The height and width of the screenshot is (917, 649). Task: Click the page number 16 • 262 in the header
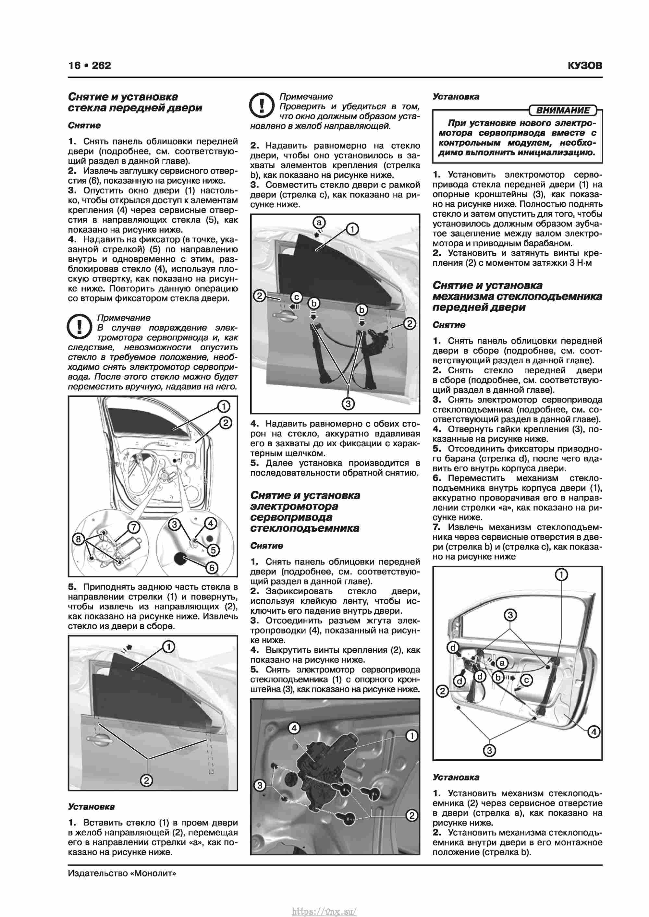[90, 66]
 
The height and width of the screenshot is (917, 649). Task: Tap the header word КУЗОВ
[585, 66]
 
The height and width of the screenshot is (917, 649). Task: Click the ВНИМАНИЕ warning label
[563, 110]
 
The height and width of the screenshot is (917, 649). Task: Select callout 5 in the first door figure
[213, 550]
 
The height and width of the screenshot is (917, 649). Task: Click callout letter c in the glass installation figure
[296, 297]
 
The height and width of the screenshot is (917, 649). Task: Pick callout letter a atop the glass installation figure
[319, 222]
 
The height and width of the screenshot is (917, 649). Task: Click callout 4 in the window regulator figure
[594, 732]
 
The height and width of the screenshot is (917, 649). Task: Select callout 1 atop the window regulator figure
[561, 575]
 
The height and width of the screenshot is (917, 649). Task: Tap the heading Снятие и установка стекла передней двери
[135, 102]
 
